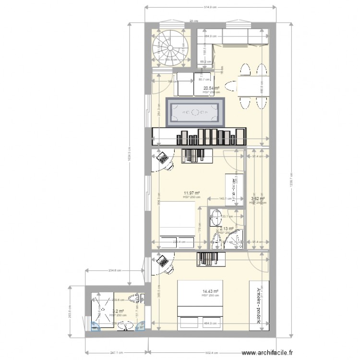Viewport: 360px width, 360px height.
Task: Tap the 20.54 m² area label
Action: click(x=211, y=88)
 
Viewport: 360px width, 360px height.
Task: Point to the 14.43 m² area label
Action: click(x=211, y=291)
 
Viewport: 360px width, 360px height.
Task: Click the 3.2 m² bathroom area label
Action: click(x=118, y=311)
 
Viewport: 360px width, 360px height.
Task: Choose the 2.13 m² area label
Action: click(x=227, y=229)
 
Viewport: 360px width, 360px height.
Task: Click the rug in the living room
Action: click(x=195, y=113)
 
